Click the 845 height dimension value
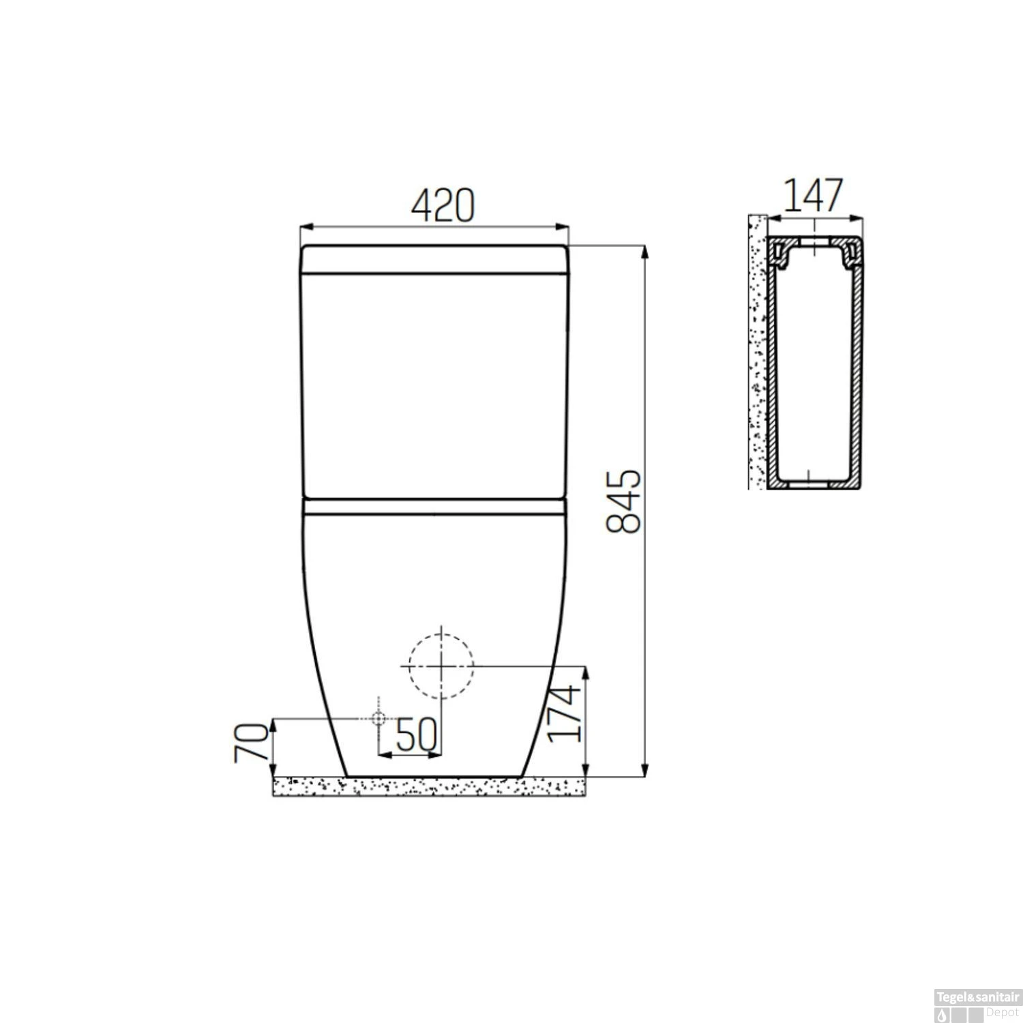coord(623,501)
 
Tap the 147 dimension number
coord(813,196)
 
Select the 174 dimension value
coord(565,713)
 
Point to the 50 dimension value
coord(416,735)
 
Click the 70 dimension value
coord(251,743)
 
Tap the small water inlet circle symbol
coord(379,718)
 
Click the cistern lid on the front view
coord(435,260)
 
